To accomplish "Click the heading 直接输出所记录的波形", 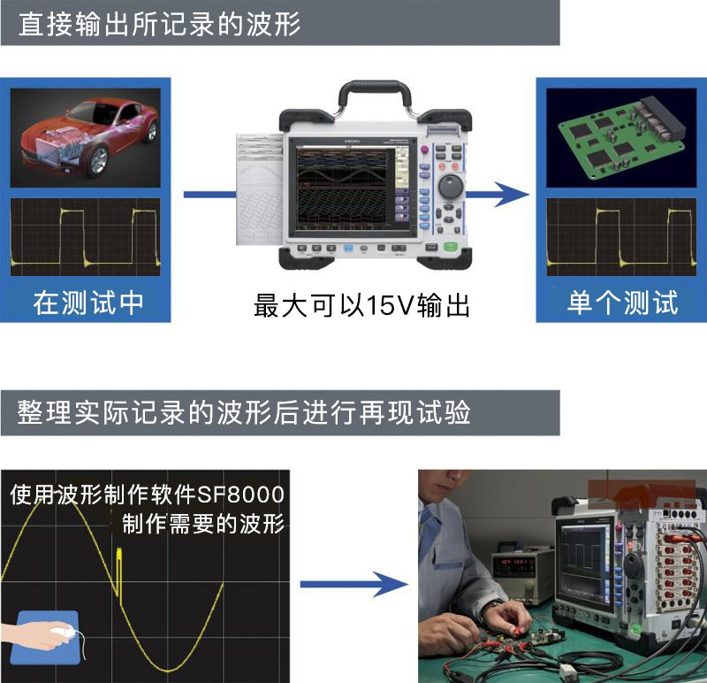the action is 160,24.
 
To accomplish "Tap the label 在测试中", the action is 88,303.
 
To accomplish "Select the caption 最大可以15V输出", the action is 361,305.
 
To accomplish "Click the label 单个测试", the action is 622,303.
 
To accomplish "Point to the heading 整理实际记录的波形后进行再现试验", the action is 244,412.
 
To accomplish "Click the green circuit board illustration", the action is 622,136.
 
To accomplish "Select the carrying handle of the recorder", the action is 375,93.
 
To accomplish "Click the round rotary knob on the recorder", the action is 451,187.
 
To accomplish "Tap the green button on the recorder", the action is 451,247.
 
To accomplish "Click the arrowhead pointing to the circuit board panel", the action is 512,195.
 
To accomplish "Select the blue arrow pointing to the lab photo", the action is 354,585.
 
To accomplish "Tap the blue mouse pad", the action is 45,637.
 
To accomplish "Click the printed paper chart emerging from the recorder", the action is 260,189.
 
